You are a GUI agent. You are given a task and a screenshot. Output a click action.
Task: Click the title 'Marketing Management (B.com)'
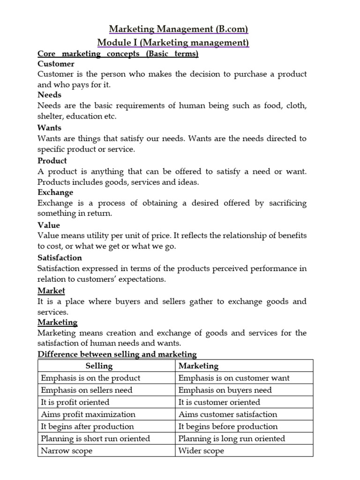point(179,30)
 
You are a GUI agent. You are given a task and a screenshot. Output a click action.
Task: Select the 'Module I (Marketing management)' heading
point(173,43)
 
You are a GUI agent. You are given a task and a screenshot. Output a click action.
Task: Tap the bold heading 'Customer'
point(56,64)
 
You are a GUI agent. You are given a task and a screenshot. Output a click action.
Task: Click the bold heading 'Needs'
point(49,95)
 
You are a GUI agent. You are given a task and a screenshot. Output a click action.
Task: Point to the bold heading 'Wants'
point(49,127)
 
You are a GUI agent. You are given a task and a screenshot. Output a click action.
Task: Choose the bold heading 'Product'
point(52,160)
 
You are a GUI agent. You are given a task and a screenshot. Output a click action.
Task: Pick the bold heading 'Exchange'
point(55,192)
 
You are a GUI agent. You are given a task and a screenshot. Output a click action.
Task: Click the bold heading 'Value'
point(49,225)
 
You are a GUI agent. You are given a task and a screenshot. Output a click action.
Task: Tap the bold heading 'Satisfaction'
point(60,258)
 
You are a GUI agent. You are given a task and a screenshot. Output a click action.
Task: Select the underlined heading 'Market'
point(51,291)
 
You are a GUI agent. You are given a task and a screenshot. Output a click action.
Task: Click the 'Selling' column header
point(99,366)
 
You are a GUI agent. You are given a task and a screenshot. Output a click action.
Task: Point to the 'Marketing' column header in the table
point(198,366)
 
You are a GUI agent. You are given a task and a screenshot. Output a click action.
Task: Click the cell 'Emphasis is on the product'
point(90,378)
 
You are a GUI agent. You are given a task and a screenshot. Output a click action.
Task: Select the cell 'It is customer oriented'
point(219,402)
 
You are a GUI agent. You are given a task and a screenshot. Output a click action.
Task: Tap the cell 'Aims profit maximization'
point(88,414)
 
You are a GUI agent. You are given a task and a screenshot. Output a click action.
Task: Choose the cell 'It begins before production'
point(228,427)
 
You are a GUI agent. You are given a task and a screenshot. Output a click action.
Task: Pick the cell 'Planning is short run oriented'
point(96,439)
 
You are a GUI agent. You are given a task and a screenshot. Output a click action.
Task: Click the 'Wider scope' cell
point(201,451)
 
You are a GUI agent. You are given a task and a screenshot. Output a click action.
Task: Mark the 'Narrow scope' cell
point(67,451)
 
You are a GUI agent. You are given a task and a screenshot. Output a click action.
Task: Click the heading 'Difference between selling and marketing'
point(117,354)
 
